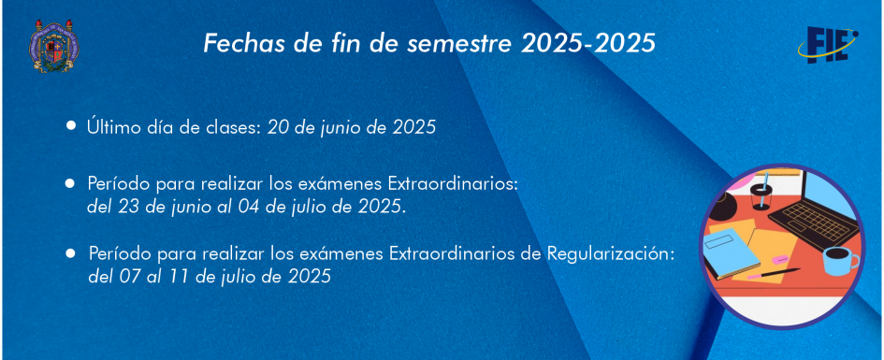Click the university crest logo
tap(53, 45)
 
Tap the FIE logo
tap(828, 44)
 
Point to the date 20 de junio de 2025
tap(352, 127)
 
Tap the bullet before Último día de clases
tap(70, 125)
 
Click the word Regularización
tap(611, 254)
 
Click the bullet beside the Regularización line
tap(70, 253)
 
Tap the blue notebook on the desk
tap(732, 253)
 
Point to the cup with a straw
tap(761, 192)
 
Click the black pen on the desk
tap(774, 274)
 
